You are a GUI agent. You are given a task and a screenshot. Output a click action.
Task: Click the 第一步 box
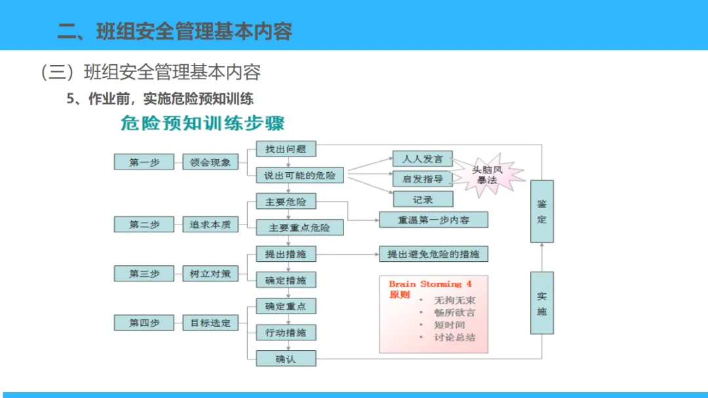(x=144, y=162)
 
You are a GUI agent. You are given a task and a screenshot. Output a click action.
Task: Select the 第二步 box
(x=144, y=225)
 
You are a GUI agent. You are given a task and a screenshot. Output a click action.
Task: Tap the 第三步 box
(x=144, y=274)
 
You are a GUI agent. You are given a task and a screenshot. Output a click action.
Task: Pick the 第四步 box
(x=144, y=323)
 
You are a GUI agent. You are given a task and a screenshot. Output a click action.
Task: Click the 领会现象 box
(x=210, y=162)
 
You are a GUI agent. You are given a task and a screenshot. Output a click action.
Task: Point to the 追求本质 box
(x=210, y=225)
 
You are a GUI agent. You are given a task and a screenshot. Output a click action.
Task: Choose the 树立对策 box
(x=210, y=274)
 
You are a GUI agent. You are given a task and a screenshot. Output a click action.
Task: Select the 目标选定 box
(x=210, y=323)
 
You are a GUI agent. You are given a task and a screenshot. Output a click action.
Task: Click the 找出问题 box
(x=286, y=149)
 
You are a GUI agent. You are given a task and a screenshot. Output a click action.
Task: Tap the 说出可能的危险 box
(x=300, y=175)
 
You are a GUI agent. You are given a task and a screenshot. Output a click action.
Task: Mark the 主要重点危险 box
(x=300, y=228)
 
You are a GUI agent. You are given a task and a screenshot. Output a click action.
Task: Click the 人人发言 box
(x=423, y=158)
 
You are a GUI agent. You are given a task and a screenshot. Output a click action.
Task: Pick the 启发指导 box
(x=423, y=179)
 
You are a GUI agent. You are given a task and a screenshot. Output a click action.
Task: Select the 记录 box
(x=423, y=199)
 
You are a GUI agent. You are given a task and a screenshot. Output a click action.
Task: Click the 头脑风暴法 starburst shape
(x=488, y=175)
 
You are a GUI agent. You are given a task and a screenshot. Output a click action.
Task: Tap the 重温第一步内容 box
(x=433, y=220)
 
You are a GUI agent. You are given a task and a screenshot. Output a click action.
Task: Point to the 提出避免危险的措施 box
(x=433, y=254)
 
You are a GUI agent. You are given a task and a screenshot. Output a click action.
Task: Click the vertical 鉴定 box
(x=541, y=211)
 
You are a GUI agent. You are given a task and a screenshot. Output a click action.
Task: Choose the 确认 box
(x=286, y=359)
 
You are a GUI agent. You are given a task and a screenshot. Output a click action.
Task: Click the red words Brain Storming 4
(x=430, y=284)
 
